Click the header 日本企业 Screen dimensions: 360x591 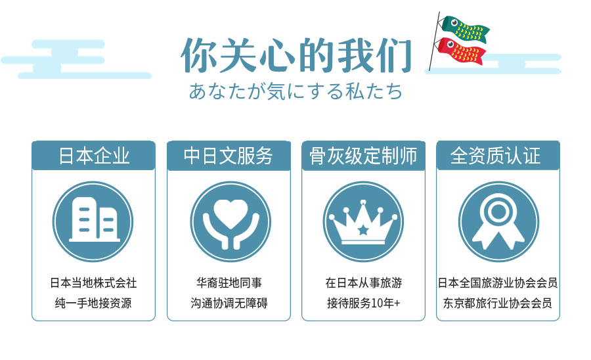93,156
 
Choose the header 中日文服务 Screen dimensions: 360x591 229,156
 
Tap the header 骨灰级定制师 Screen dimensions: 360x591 363,156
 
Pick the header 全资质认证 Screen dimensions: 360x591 498,156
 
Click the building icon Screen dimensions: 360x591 93,220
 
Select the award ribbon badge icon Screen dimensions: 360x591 498,221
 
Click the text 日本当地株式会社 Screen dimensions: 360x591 93,283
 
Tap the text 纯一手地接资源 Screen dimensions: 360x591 93,303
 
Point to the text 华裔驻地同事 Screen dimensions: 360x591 229,283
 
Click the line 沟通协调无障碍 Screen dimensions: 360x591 229,303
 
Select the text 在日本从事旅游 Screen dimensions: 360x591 363,283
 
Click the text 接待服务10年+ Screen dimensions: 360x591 363,303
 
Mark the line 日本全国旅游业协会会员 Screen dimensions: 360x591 498,283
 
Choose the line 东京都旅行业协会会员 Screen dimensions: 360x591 498,303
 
